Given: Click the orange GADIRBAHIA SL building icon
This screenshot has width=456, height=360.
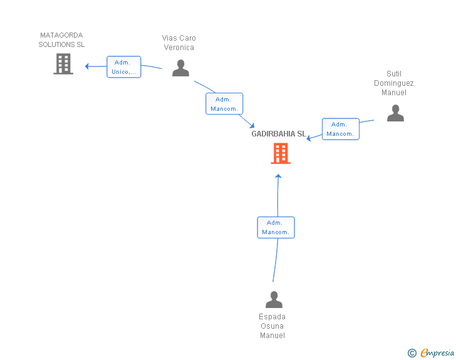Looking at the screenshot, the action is [x=281, y=153].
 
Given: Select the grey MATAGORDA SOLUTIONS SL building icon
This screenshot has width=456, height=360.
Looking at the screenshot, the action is [x=63, y=64].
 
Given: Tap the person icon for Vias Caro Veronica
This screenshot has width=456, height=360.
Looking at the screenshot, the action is [x=180, y=68].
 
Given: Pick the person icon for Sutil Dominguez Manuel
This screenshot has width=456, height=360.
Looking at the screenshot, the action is [x=395, y=113].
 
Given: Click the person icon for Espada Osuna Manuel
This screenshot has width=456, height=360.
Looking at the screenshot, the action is [x=274, y=299].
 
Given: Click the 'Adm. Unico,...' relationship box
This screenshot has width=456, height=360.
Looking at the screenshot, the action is [x=124, y=67].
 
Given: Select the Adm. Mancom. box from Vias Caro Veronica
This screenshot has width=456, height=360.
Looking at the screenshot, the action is [x=224, y=104].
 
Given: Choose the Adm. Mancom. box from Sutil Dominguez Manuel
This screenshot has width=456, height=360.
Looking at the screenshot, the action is [x=341, y=129].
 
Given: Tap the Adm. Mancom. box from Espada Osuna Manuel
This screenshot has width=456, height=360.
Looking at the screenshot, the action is [x=276, y=227].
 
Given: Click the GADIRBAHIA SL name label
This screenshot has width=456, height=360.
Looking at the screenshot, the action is [x=279, y=134].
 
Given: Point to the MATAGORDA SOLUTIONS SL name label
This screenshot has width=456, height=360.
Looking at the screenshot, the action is [x=61, y=40].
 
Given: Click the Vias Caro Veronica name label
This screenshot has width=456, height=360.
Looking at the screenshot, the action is [x=179, y=43].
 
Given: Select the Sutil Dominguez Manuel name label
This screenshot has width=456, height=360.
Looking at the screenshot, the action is [x=394, y=83].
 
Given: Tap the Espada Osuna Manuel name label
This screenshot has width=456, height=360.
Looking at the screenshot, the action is [x=272, y=326].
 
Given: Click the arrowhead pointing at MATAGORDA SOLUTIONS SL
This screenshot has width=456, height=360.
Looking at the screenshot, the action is [x=86, y=66].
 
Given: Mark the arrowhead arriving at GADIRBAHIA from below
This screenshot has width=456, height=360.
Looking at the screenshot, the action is [x=278, y=176].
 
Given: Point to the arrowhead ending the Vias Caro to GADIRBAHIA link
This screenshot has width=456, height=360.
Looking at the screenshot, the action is [x=252, y=125].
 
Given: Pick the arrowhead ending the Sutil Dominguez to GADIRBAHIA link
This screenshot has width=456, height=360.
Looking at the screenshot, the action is [x=309, y=138].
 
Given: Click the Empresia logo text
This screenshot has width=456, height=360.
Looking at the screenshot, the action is [x=437, y=352].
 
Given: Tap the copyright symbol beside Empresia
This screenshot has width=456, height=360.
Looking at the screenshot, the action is [x=412, y=353].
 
